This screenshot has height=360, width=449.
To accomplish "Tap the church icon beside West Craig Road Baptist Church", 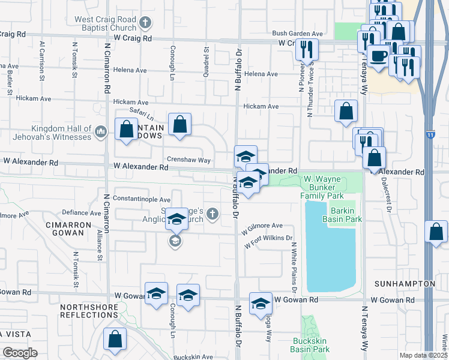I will [144, 23].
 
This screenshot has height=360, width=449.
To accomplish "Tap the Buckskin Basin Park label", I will [310, 345].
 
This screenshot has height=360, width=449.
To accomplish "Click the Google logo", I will [20, 353].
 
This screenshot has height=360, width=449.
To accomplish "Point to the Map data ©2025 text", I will [423, 355].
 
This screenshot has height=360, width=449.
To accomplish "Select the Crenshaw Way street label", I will [188, 160].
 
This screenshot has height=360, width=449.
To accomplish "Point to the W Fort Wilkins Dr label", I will [268, 242].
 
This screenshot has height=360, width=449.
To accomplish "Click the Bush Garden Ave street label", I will [298, 34].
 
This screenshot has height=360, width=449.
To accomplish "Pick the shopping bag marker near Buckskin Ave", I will [114, 338].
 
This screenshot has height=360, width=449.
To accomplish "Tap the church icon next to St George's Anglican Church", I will [211, 214].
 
